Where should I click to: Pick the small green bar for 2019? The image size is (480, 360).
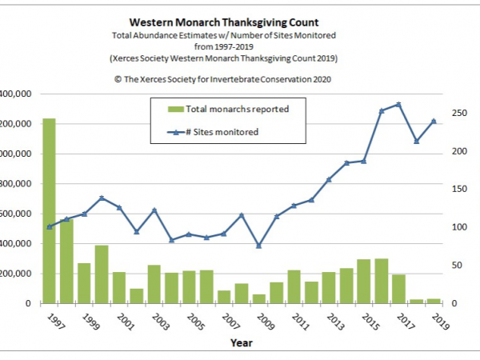coord(434,301)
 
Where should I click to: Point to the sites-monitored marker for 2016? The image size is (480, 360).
coord(398,105)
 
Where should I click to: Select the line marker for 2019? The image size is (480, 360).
coord(434,121)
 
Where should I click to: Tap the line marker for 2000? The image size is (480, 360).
coord(102,198)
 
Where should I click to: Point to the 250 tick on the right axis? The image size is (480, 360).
coord(454,114)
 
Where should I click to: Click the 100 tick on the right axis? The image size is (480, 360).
coord(454,227)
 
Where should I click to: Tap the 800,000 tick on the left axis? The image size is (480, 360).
coord(17,184)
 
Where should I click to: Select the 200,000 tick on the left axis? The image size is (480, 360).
coord(17,274)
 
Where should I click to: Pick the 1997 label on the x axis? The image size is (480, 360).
coord(55,321)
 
